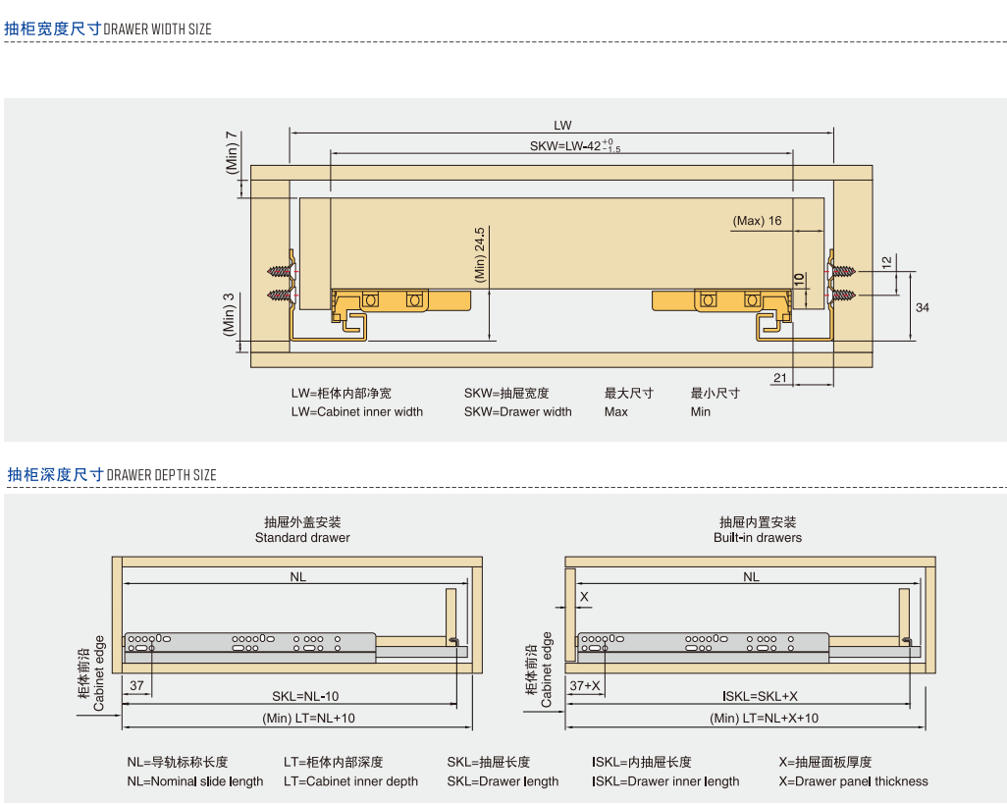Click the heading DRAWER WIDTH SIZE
157,29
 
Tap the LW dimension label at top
561,126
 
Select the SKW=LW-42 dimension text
575,146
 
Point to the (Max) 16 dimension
757,221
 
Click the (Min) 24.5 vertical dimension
481,254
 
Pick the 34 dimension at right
922,307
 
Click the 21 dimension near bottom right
780,378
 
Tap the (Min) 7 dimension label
232,152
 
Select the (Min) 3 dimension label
229,314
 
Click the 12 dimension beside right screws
886,262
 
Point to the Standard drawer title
302,538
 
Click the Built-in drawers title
757,538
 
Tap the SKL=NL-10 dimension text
305,697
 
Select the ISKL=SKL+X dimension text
761,696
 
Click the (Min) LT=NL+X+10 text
764,719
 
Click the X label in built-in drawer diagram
584,597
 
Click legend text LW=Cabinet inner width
356,411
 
